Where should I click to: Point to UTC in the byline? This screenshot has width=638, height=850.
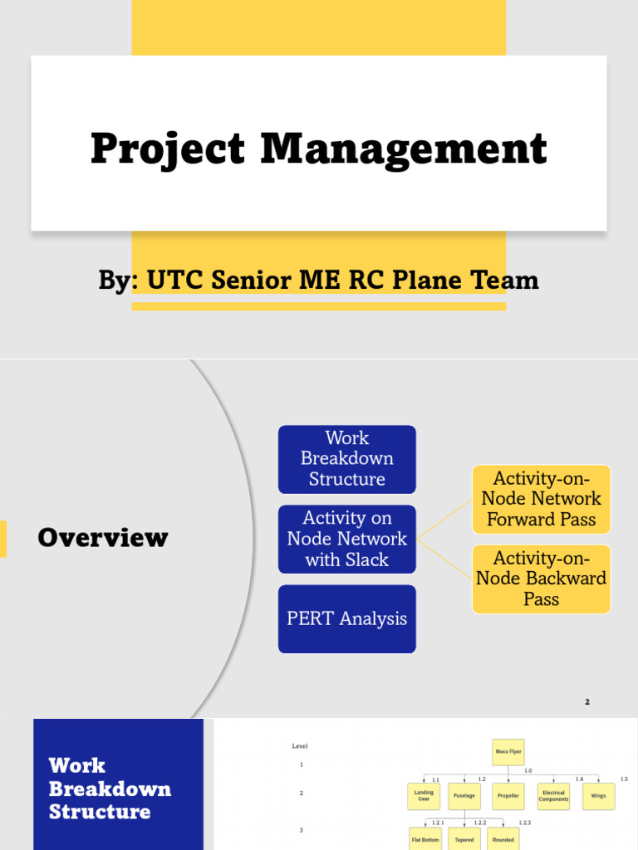tap(175, 281)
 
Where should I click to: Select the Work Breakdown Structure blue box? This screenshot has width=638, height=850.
tap(346, 459)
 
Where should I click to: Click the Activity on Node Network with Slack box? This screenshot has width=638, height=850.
tap(346, 539)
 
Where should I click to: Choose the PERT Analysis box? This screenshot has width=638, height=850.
tap(346, 618)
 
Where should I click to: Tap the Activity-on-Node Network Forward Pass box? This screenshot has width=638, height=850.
tap(541, 499)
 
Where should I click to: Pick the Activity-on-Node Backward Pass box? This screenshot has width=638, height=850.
tap(541, 579)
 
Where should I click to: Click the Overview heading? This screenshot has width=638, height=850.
tap(102, 538)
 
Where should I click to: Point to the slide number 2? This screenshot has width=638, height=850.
tap(586, 702)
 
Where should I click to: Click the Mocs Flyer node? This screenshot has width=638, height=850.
tap(508, 751)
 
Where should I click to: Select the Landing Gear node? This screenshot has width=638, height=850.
tap(424, 795)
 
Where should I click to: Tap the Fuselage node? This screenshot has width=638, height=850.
tap(464, 795)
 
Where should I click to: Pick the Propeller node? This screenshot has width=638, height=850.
tap(508, 795)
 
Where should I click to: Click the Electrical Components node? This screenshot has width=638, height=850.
tap(553, 795)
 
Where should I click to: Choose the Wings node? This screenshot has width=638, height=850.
tap(598, 795)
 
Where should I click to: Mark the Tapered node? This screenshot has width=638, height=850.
tap(464, 838)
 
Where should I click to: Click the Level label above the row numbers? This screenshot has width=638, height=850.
tap(300, 746)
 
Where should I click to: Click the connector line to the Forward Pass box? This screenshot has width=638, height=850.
tap(444, 520)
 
